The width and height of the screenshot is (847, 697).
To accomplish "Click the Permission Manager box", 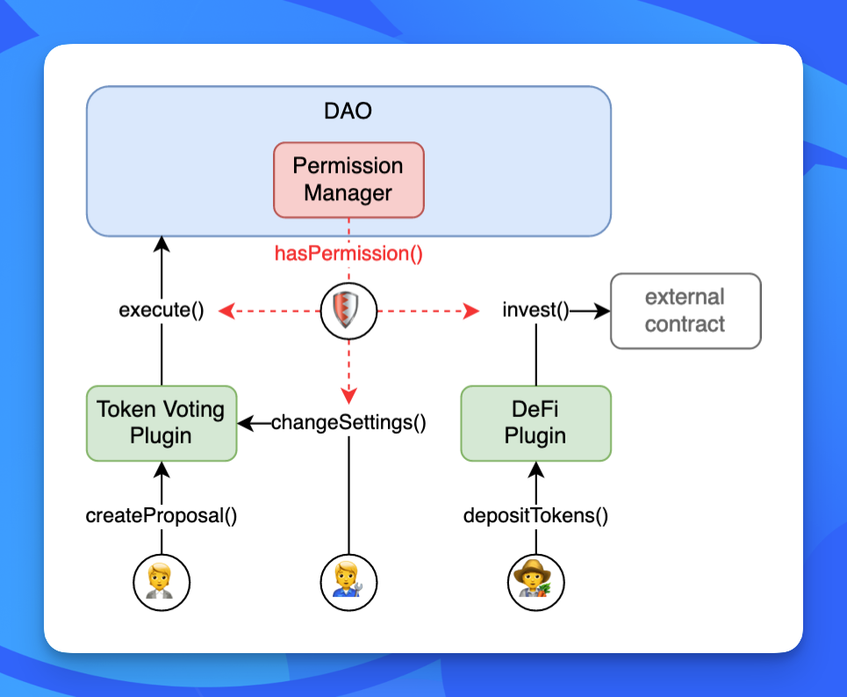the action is (x=349, y=180).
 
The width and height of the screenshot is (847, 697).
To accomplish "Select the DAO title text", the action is (x=348, y=111).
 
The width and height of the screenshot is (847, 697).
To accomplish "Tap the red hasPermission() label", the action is (x=349, y=254).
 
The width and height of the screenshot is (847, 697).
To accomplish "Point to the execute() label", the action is (x=162, y=310).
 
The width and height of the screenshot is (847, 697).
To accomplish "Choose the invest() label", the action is (x=535, y=310).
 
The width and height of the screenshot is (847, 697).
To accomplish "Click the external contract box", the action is (x=685, y=311).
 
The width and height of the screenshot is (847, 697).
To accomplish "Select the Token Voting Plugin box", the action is (x=162, y=423).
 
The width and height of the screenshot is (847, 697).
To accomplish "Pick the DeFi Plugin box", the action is (x=536, y=423).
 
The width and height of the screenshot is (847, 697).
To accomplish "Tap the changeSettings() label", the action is (x=349, y=422).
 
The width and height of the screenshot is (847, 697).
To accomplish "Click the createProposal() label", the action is (x=162, y=515).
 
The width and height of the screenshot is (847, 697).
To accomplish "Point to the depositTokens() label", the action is (x=536, y=515).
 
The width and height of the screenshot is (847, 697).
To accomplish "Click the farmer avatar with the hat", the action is (x=536, y=583).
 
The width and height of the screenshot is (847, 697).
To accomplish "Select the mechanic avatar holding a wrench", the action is (x=349, y=583).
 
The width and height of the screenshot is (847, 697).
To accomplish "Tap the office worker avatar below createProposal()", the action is (x=162, y=583).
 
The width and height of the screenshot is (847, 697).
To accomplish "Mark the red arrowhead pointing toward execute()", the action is (x=226, y=311).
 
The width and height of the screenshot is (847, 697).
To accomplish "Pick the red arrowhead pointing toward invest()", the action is (x=471, y=311).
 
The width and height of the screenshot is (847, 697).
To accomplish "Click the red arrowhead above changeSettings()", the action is (x=349, y=396).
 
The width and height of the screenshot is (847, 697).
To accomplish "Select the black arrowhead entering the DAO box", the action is (x=162, y=245).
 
